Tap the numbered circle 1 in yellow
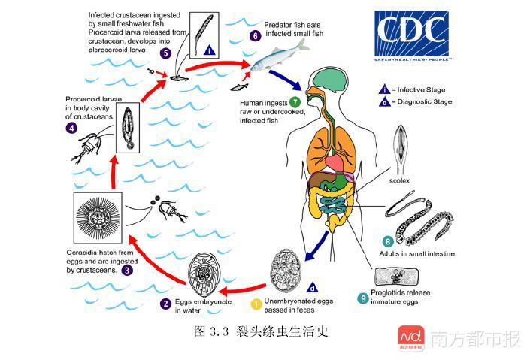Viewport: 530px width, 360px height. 256,304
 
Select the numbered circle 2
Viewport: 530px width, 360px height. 165,304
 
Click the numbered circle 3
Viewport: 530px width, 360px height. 127,270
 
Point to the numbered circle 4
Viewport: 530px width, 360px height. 71,128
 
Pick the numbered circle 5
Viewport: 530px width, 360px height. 165,53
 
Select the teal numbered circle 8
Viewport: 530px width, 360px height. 388,241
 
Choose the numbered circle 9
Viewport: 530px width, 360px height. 363,298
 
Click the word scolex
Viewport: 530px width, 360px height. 402,180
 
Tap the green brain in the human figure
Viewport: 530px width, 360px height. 330,80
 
